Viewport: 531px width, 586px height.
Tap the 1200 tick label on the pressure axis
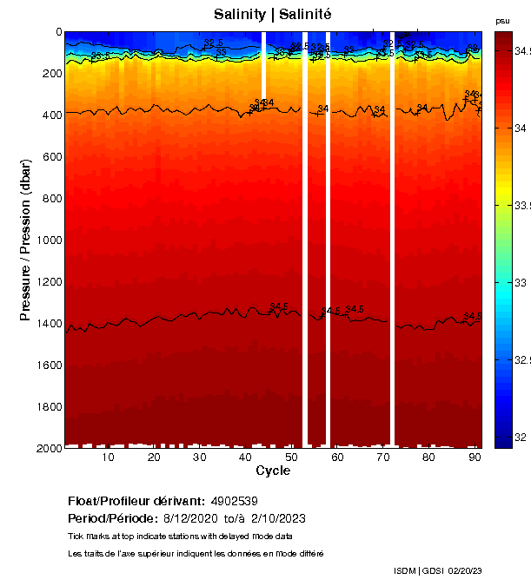click(47, 281)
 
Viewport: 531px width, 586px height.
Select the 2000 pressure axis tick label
click(47, 448)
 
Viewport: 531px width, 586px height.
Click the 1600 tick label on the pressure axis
click(47, 365)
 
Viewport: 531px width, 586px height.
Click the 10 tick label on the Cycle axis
click(108, 458)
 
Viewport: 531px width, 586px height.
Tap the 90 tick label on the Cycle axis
click(475, 458)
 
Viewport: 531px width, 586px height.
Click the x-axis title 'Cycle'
click(273, 471)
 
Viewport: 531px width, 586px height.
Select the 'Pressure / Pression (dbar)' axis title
click(25, 240)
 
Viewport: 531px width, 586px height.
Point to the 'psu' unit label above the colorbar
click(502, 20)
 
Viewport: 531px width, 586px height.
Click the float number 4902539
click(234, 501)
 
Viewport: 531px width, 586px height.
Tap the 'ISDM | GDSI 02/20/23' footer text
click(439, 570)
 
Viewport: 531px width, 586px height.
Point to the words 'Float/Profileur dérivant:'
click(136, 501)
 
